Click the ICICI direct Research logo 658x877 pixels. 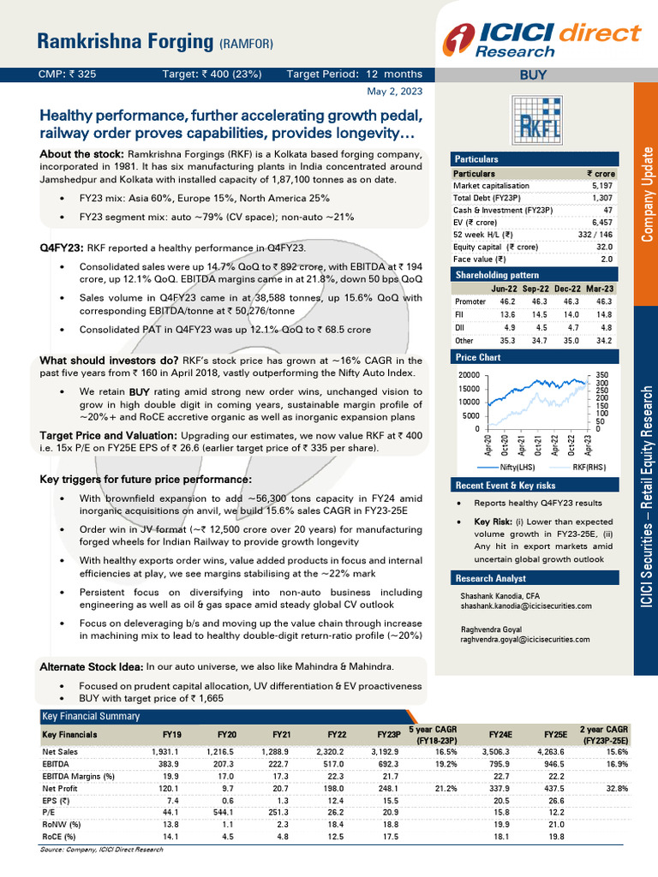coord(541,38)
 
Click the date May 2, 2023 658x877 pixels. coord(394,91)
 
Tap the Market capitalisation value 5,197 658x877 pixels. coord(597,186)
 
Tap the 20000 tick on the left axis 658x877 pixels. coord(469,376)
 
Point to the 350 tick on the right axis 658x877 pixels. coord(603,376)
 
